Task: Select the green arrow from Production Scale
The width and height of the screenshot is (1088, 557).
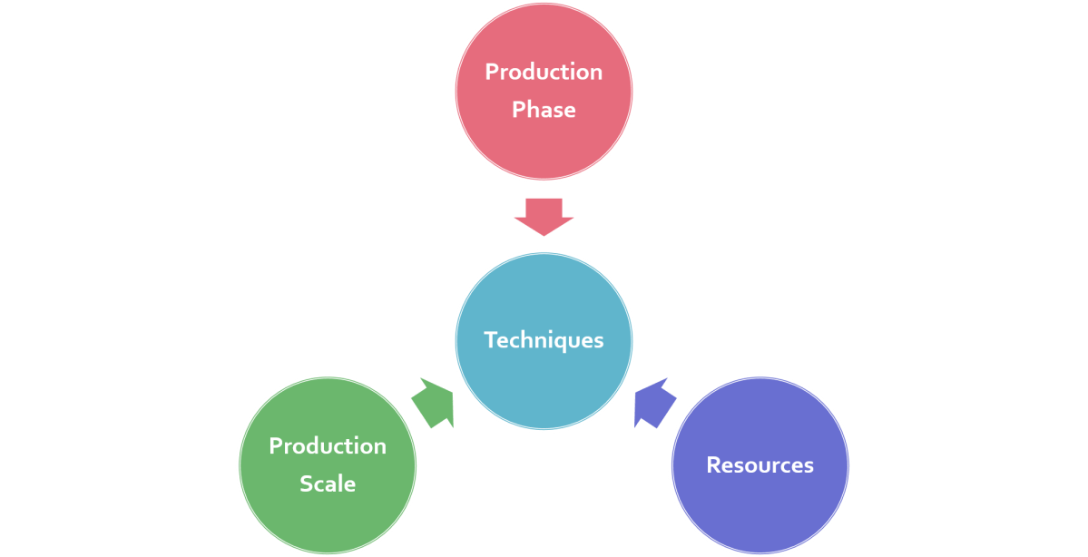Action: point(434,403)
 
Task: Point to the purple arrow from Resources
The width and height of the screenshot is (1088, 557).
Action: point(653,403)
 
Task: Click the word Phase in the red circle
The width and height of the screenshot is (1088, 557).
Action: point(544,110)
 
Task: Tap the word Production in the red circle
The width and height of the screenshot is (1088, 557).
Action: point(544,72)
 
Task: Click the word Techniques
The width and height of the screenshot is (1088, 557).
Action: point(544,340)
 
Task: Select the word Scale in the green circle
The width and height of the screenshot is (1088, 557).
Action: point(328,484)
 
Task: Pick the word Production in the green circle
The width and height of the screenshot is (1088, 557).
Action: point(328,445)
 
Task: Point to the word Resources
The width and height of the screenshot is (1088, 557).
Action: point(760,465)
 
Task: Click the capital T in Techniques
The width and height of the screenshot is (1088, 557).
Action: point(490,340)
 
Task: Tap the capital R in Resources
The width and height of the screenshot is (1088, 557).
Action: point(713,465)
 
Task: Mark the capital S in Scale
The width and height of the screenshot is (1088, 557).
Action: point(306,484)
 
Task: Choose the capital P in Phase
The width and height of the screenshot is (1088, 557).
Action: point(518,110)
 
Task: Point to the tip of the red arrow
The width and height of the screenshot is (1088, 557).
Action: point(544,235)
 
